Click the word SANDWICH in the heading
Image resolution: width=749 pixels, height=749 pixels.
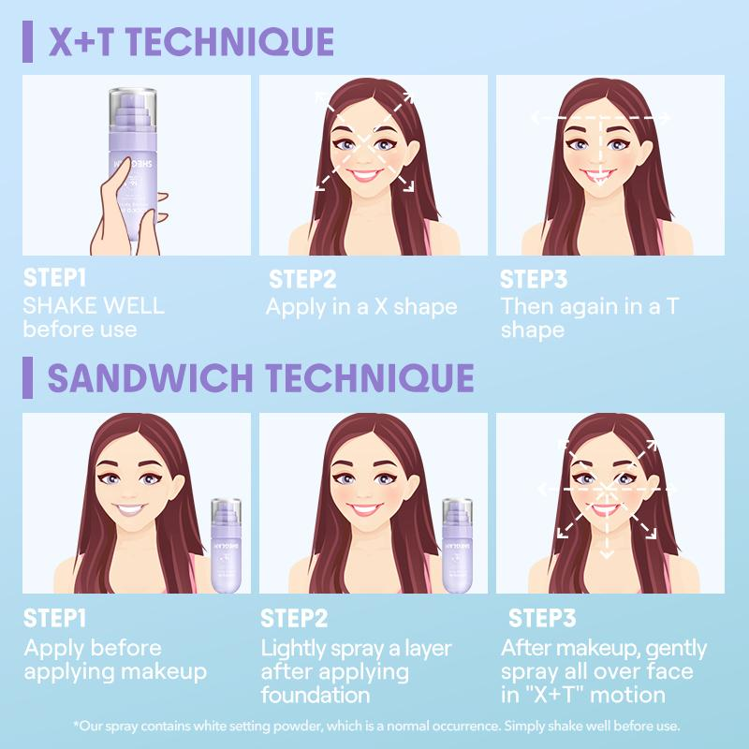tap(150, 378)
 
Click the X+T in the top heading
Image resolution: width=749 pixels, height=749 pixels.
tap(81, 41)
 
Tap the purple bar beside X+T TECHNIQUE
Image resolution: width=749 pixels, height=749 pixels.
tap(28, 41)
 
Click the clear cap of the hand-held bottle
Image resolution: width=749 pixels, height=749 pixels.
tap(133, 109)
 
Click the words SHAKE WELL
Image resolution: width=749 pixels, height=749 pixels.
tap(94, 306)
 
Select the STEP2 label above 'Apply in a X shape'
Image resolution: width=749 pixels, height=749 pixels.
tap(302, 279)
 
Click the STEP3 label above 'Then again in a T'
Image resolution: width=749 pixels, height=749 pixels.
tap(533, 279)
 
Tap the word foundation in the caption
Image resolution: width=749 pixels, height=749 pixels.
tap(316, 695)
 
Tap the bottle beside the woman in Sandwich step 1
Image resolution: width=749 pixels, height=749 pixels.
tap(226, 546)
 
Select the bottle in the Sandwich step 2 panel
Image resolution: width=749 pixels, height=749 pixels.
tap(457, 546)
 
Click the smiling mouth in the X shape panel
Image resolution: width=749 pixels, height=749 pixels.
tap(364, 175)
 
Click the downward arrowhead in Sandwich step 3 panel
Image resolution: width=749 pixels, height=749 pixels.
tap(606, 554)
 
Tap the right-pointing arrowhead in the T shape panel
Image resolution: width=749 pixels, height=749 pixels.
tap(665, 117)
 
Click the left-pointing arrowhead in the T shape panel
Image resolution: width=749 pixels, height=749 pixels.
tap(536, 117)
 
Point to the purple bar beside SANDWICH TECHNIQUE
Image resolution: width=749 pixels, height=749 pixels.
tap(28, 377)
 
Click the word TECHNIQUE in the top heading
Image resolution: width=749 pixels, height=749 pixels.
tap(229, 41)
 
